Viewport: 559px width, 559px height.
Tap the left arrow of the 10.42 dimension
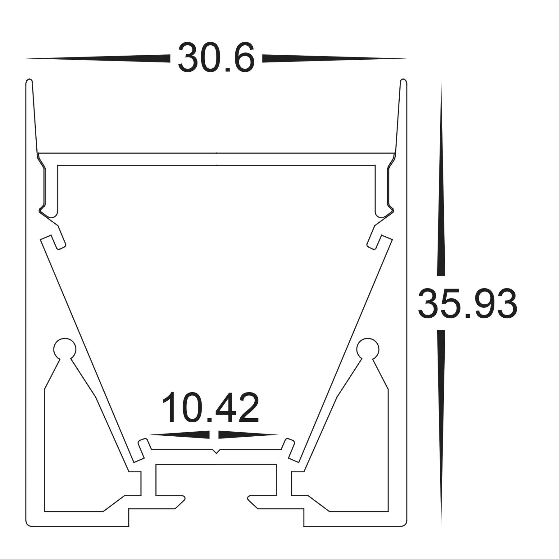[180, 434]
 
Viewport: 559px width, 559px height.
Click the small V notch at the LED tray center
[216, 451]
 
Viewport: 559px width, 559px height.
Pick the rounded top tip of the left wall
[29, 81]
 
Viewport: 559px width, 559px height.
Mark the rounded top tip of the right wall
[403, 81]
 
